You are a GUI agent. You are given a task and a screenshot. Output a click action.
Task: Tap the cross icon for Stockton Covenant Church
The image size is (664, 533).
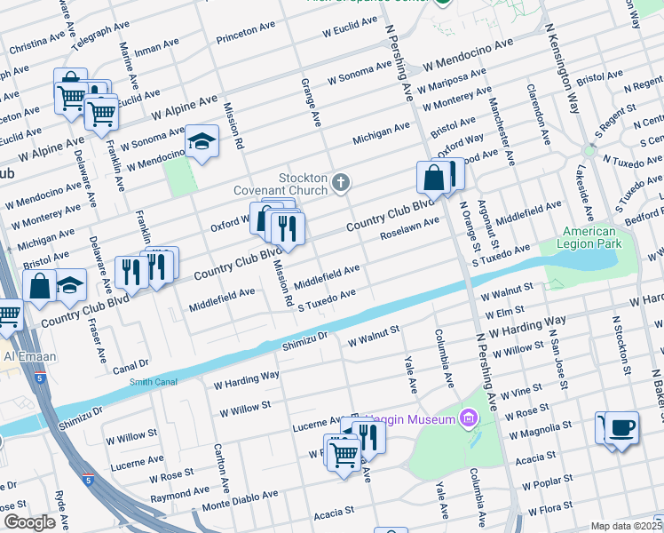click(340, 184)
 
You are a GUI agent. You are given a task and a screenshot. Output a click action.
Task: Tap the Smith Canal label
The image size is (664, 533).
click(154, 381)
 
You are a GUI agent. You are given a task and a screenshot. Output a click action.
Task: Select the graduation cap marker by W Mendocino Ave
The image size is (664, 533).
click(202, 141)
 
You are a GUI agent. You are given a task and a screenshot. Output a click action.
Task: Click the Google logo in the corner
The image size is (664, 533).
click(29, 522)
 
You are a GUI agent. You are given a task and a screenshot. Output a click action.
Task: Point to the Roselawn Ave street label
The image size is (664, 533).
click(409, 227)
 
